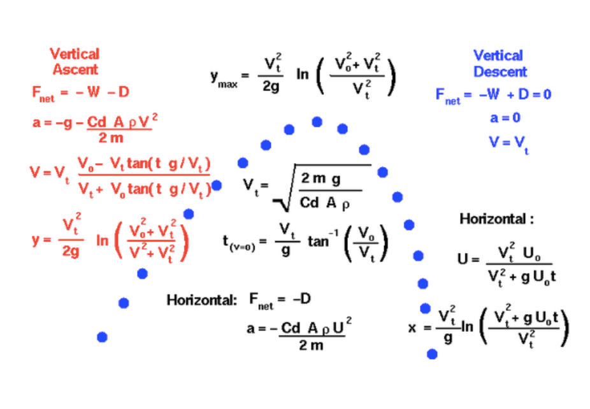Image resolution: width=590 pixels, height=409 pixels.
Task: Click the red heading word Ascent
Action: [75, 70]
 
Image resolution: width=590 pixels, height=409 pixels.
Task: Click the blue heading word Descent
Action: [500, 71]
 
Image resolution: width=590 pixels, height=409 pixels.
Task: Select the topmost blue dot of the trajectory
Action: [317, 122]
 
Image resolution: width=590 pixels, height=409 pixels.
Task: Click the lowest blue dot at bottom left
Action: [102, 336]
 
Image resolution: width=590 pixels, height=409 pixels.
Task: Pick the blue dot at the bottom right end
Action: [432, 354]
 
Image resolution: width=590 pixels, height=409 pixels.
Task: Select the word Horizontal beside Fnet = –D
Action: [201, 299]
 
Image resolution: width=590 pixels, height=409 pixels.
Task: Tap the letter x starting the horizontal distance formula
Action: [412, 327]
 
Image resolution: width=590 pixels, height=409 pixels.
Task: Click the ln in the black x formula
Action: [467, 327]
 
